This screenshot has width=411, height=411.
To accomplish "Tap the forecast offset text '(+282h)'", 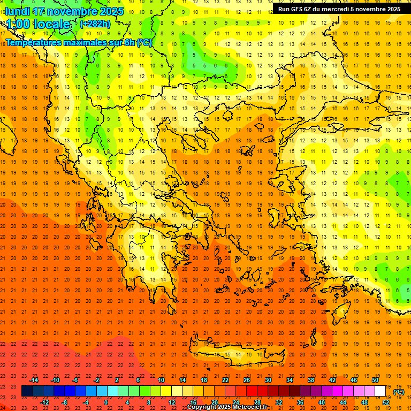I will [x=95, y=24].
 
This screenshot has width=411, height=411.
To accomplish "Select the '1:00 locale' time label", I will [x=38, y=24].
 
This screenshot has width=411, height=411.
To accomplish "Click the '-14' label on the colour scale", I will [x=34, y=380].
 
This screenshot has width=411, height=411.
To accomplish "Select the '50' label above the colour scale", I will [x=375, y=380].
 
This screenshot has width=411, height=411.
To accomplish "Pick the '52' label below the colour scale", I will [x=385, y=402].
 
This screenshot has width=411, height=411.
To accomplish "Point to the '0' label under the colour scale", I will [x=106, y=402].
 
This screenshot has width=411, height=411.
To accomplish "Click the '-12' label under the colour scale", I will [x=44, y=402].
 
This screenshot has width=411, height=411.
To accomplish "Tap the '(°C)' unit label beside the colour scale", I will [x=399, y=391].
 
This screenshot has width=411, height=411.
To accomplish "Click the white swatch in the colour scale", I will [x=380, y=391].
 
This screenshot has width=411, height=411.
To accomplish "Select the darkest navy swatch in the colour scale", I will [x=27, y=391].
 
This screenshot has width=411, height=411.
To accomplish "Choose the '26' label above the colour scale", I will [x=247, y=380].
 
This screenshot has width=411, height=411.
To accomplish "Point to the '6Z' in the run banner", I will [x=311, y=9].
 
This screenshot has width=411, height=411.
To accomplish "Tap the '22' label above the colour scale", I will [x=225, y=380].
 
